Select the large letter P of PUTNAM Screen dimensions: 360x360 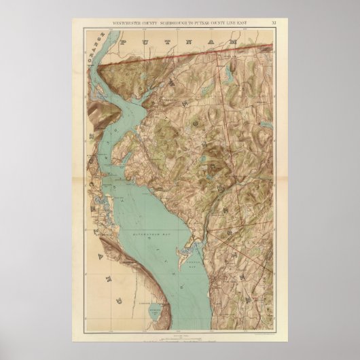(x=126, y=42)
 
